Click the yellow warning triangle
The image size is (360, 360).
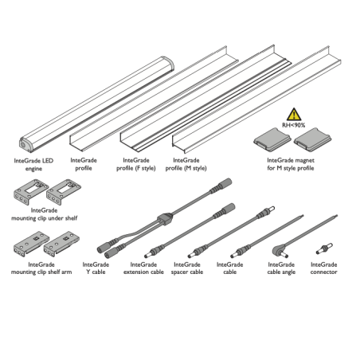pos(294,115)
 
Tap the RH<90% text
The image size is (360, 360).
pos(294,125)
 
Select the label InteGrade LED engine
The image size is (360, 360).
pos(33,165)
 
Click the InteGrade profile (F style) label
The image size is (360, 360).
pos(136,164)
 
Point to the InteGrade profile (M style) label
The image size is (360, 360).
pos(186,164)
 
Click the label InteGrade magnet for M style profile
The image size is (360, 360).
pos(291,164)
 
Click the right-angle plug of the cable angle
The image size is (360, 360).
pos(280,251)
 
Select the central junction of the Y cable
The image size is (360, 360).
pos(165,219)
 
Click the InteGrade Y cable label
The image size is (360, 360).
pos(96,268)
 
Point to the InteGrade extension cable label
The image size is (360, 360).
pos(143,268)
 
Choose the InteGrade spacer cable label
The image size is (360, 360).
pos(187,268)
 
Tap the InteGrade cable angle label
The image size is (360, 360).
pos(281,268)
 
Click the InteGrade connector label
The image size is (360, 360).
pos(324,268)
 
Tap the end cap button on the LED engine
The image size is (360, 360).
pos(23,145)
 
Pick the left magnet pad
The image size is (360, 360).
pos(272,139)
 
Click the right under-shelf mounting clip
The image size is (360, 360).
pos(64,191)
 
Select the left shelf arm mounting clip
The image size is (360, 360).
pos(31,244)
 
